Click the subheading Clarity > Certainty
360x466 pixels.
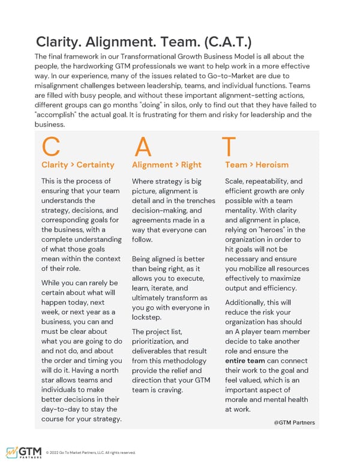pyautogui.click(x=77, y=165)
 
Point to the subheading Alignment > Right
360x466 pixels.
pyautogui.click(x=166, y=165)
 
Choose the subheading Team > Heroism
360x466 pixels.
pyautogui.click(x=256, y=165)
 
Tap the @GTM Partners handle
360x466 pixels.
pyautogui.click(x=294, y=422)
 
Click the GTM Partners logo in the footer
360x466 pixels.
pyautogui.click(x=25, y=453)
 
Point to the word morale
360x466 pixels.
pyautogui.click(x=238, y=400)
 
